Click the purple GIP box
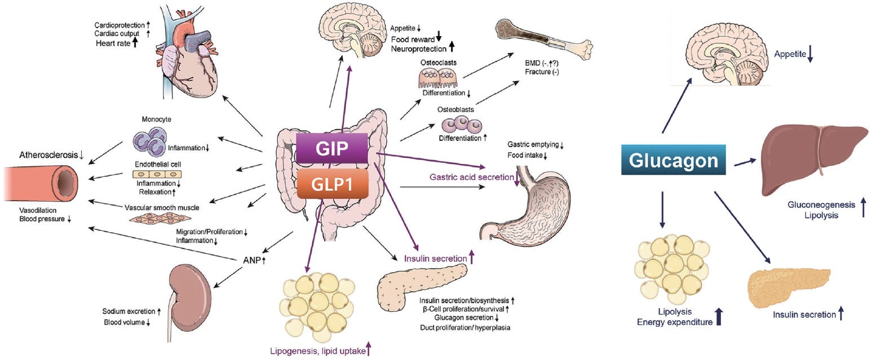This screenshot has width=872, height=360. (332, 149)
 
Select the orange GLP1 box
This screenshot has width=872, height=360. (332, 184)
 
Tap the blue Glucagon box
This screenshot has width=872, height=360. (674, 161)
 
